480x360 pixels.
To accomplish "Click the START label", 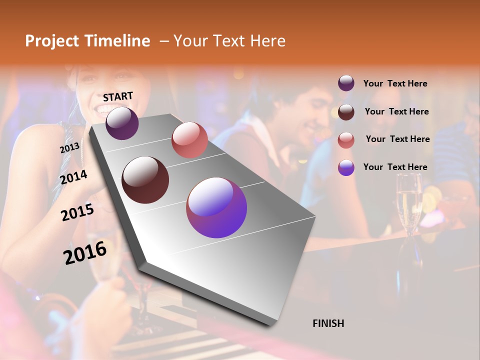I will (x=118, y=96).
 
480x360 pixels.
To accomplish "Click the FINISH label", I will (x=328, y=323).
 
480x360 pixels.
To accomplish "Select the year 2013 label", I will (x=69, y=148).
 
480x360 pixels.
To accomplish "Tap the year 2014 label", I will (x=74, y=177).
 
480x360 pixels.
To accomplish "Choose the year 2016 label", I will (x=85, y=252).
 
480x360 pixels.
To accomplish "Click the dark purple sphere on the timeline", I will (x=122, y=123).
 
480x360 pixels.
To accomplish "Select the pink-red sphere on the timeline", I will (x=189, y=140).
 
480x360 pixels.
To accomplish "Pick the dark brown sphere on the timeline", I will (x=145, y=180).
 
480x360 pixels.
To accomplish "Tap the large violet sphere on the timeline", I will (x=216, y=207).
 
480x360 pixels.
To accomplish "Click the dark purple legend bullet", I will (x=346, y=83).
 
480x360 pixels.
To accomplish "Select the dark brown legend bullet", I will (x=346, y=111).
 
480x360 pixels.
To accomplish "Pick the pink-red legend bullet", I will (x=346, y=139).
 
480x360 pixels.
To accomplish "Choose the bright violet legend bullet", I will (x=346, y=167).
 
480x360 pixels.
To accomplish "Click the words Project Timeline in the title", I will (x=87, y=41).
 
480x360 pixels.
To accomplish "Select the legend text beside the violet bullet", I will (x=395, y=167).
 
